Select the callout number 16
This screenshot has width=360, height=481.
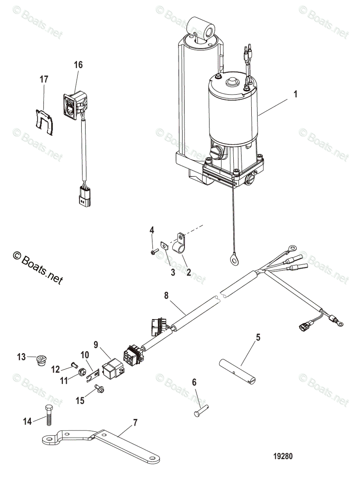pos(78,65)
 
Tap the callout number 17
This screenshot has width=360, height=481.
pos(44,79)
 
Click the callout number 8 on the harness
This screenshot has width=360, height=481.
pos(166,296)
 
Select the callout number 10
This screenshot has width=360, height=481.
pos(85,355)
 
